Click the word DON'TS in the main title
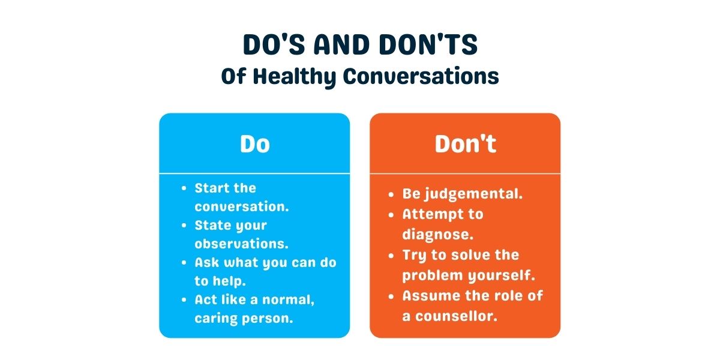coord(428,44)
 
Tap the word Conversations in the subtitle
coord(421,77)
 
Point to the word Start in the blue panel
coord(213,188)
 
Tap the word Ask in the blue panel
coord(207,262)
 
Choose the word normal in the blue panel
coord(286,299)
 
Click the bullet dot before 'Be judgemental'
coord(391,194)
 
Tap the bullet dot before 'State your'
coord(184,226)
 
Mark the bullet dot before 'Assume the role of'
coord(391,296)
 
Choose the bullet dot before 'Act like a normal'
coord(184,300)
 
